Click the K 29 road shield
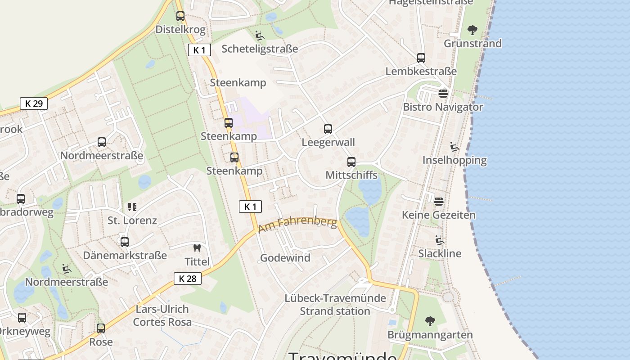pyautogui.click(x=34, y=103)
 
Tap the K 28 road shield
pyautogui.click(x=188, y=279)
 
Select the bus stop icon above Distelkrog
pyautogui.click(x=180, y=16)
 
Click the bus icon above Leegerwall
pyautogui.click(x=328, y=129)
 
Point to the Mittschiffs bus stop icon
pyautogui.click(x=351, y=162)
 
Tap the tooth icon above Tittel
pyautogui.click(x=197, y=248)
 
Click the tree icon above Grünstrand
pyautogui.click(x=472, y=30)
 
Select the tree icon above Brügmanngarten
pyautogui.click(x=430, y=321)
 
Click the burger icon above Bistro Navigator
pyautogui.click(x=443, y=94)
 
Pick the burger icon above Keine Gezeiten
pyautogui.click(x=439, y=201)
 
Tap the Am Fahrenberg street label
pyautogui.click(x=297, y=225)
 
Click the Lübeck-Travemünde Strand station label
pyautogui.click(x=335, y=305)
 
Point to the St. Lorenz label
pyautogui.click(x=132, y=220)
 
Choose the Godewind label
pyautogui.click(x=285, y=258)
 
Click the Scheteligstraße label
pyautogui.click(x=260, y=49)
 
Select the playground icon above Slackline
pyautogui.click(x=440, y=240)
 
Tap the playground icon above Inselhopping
pyautogui.click(x=454, y=147)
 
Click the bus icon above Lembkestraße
pyautogui.click(x=421, y=58)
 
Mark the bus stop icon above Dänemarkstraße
pyautogui.click(x=125, y=242)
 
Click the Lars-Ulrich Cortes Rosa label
pyautogui.click(x=162, y=316)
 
